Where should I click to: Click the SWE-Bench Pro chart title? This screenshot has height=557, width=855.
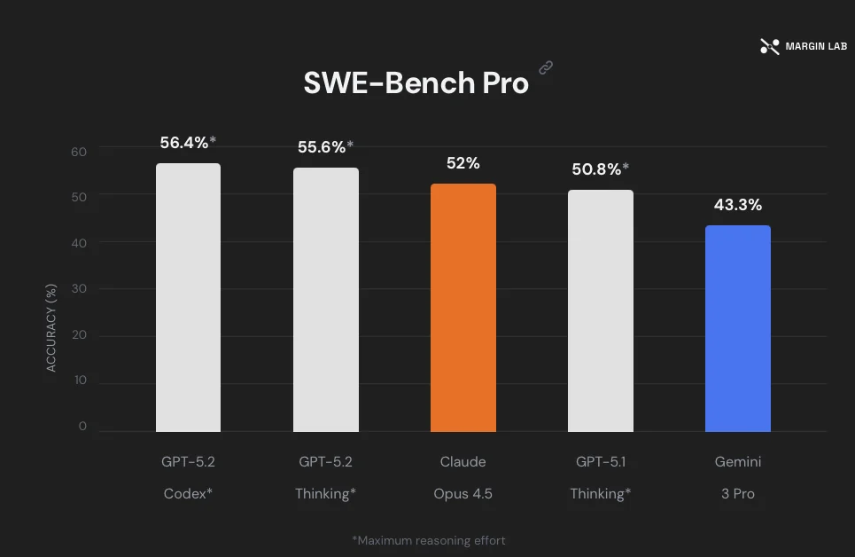point(416,82)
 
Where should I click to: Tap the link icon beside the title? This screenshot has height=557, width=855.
point(546,67)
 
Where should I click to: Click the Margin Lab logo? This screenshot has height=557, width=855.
point(804,46)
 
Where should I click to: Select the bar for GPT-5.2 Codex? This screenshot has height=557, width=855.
point(188,297)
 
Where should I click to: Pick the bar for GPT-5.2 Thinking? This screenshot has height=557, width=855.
point(326,300)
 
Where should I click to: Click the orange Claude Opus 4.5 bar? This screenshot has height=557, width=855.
point(463,308)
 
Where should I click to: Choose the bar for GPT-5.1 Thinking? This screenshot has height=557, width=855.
point(601,310)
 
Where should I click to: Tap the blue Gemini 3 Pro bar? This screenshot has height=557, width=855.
point(738,328)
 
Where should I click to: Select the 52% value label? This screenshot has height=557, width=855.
point(462,163)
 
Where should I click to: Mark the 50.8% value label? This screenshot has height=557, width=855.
point(600,169)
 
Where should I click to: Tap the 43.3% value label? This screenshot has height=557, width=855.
point(738,205)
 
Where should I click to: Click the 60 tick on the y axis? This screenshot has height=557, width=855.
point(79,152)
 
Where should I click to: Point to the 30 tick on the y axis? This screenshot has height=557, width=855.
point(79,288)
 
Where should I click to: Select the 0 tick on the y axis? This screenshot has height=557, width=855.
point(82,426)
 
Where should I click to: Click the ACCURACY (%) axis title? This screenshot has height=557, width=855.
point(51,328)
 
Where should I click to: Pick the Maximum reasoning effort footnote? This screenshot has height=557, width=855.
point(429,539)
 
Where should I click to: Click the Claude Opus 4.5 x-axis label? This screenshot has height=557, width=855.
point(463,477)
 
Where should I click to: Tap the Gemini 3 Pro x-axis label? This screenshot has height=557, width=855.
point(738,477)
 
